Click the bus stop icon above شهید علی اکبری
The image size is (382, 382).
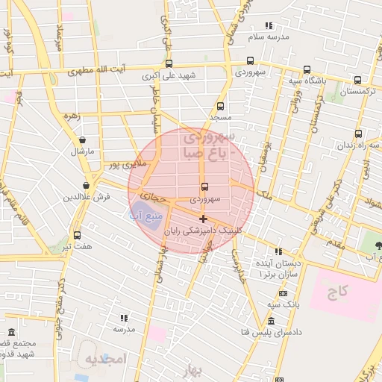169,63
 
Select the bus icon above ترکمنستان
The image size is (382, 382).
357,80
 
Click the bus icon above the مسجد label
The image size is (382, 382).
220,106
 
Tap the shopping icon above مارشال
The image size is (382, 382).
82,140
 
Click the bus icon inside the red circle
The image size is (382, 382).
204,187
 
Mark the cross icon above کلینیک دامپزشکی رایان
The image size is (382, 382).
203,218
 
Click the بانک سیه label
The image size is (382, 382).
284,304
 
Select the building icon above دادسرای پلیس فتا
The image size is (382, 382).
270,322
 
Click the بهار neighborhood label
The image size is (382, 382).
196,373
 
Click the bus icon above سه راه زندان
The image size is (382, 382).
359,134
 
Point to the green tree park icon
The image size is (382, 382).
378,245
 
